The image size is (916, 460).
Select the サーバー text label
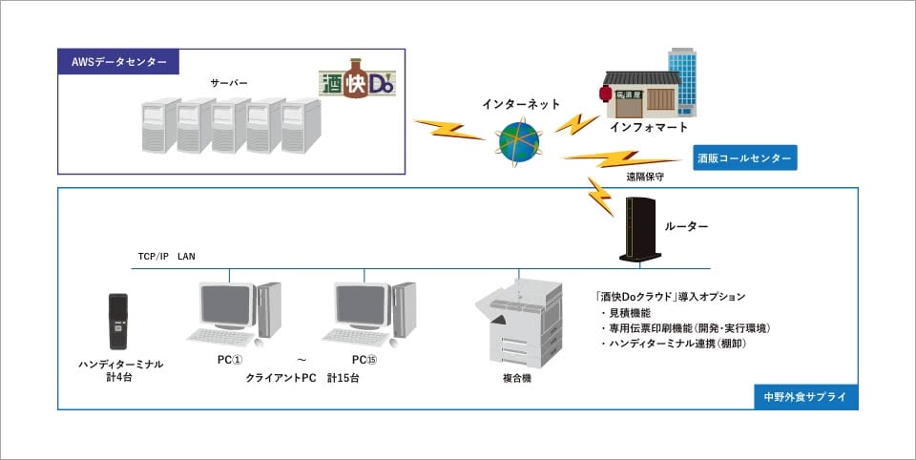point(229,83)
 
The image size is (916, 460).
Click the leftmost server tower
point(157,125)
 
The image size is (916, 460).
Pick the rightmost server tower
point(301,125)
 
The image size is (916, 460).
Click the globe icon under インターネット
point(518,140)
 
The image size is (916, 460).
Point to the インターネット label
point(521,103)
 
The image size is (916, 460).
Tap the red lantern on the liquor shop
point(604,94)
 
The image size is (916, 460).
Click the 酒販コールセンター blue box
point(743,157)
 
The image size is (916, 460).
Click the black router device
point(637,230)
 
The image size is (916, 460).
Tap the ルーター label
point(687,226)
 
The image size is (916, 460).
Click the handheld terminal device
point(118,322)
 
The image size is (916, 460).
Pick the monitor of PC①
point(225,305)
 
